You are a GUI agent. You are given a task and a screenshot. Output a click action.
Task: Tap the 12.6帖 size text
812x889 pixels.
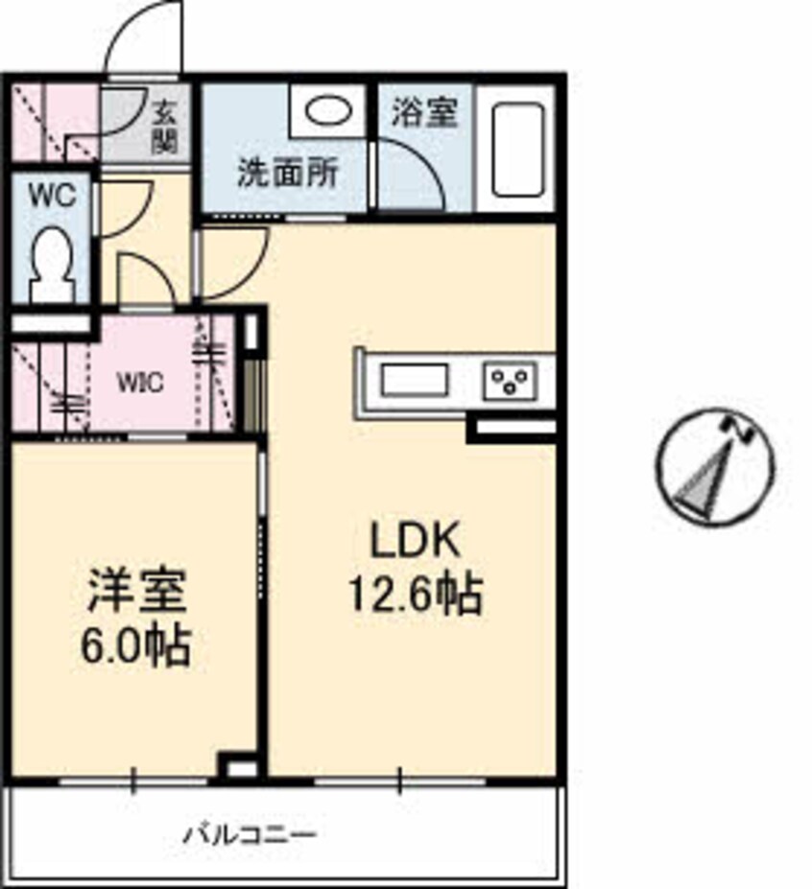click(417, 597)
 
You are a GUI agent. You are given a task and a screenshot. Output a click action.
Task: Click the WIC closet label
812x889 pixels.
click(140, 382)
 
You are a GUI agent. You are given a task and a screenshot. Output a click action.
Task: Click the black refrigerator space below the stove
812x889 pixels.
click(513, 428)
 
